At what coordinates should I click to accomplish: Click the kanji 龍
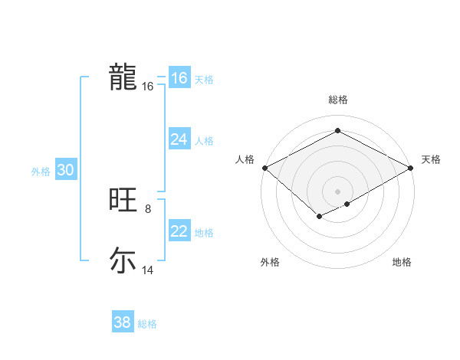[x=123, y=77]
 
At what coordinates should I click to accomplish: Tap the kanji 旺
[x=123, y=201]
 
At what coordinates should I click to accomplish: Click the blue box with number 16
[x=179, y=78]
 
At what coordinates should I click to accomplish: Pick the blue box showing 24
[x=179, y=139]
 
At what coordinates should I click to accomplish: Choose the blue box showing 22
[x=179, y=231]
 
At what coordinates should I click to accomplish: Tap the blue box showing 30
[x=65, y=171]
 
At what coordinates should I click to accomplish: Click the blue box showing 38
[x=123, y=322]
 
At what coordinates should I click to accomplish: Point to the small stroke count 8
[x=148, y=208]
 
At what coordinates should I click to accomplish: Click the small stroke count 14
[x=148, y=269]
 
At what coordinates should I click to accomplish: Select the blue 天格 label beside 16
[x=204, y=80]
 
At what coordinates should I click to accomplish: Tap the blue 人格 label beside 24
[x=204, y=141]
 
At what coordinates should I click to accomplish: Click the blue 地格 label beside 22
[x=204, y=233]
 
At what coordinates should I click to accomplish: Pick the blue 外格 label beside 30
[x=41, y=172]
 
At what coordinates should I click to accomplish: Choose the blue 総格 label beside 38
[x=147, y=324]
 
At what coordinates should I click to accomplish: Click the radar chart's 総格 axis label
[x=337, y=100]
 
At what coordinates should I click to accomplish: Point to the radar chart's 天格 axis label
[x=432, y=159]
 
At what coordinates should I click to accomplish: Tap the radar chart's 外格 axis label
[x=270, y=262]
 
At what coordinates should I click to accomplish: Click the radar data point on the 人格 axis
[x=264, y=168]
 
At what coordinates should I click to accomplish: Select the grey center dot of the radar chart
[x=337, y=191]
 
